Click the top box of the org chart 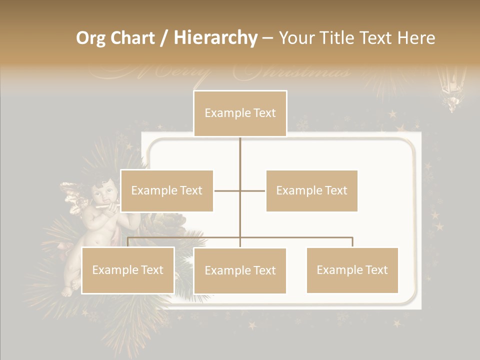point(240,113)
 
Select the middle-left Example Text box point(166,190)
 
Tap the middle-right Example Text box point(311,190)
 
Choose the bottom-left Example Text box point(127,270)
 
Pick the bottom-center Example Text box point(240,270)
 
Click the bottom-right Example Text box point(352,270)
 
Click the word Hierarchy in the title point(215,38)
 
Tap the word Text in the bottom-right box point(375,270)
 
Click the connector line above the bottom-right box point(352,241)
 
